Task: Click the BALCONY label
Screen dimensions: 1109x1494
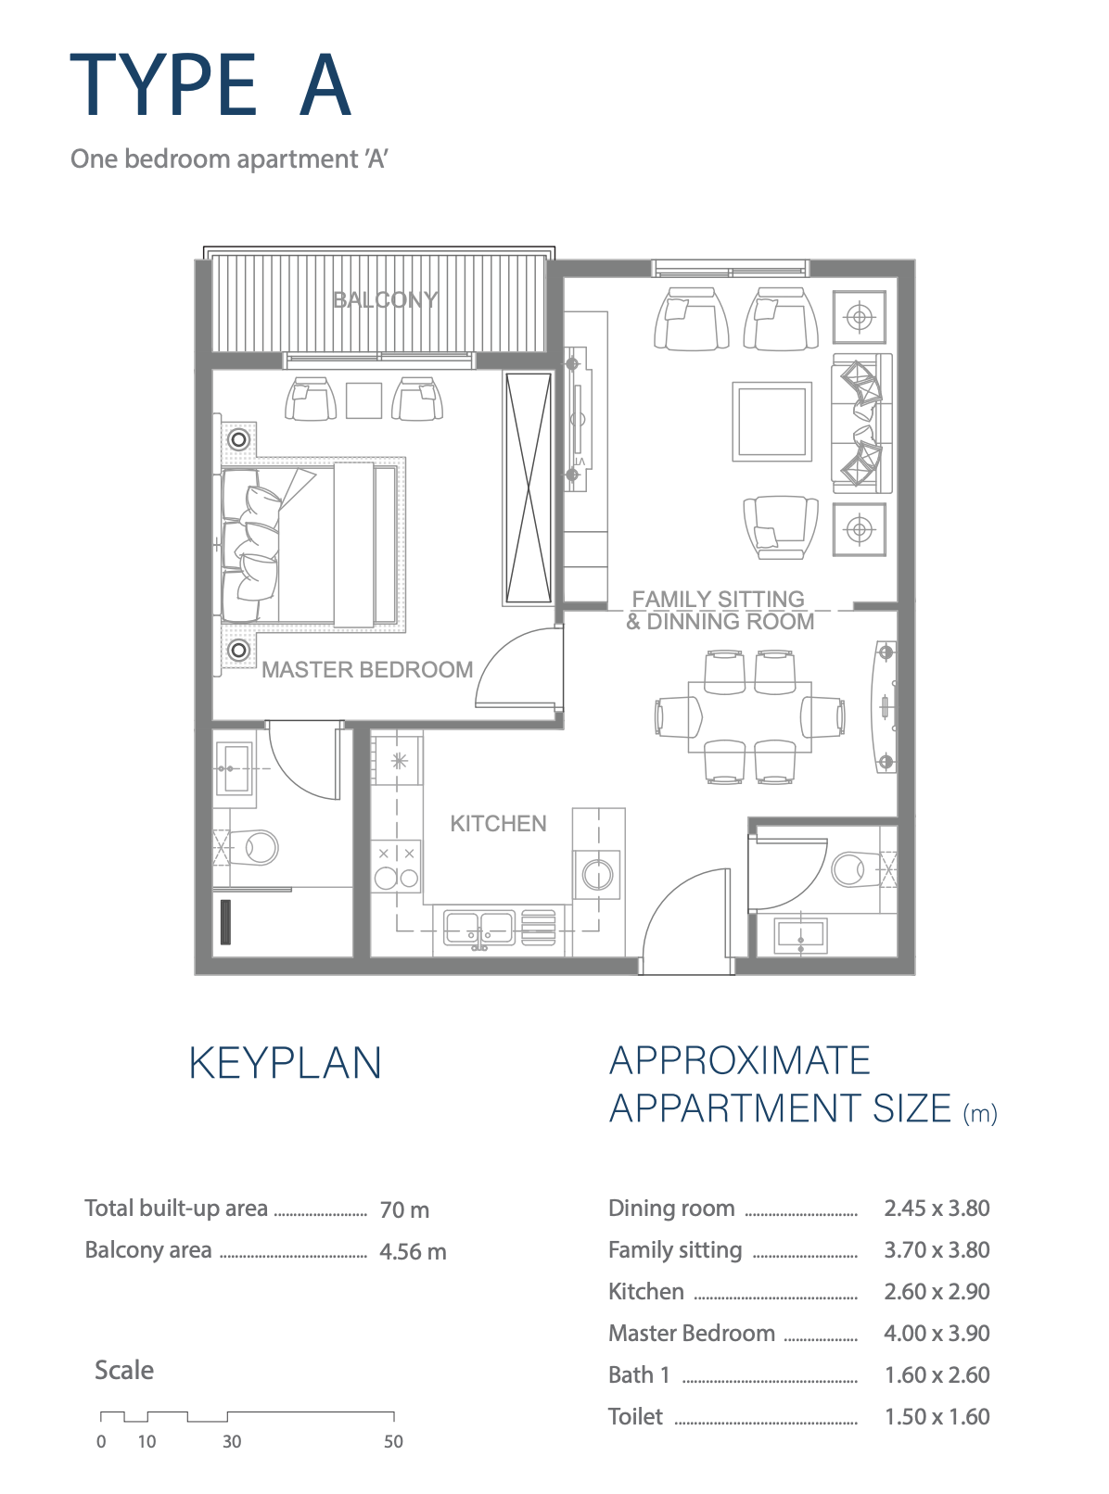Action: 385,299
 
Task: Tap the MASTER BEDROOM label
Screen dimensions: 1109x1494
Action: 367,669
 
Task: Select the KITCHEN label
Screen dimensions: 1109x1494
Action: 498,823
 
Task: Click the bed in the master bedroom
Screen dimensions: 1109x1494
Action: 310,544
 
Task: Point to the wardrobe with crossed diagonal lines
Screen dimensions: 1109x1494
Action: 529,487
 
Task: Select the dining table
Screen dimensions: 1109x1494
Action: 749,716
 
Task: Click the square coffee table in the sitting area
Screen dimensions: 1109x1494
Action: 771,422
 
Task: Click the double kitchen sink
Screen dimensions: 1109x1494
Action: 479,928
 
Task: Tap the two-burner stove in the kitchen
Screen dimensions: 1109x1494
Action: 397,867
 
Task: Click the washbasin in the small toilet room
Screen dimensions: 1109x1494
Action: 800,935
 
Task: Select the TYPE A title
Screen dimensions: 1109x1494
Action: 210,85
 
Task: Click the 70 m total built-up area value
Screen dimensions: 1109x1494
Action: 404,1210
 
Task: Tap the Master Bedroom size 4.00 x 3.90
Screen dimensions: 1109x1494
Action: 937,1333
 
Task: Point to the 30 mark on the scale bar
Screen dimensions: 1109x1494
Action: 232,1441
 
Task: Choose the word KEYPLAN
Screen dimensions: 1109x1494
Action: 286,1064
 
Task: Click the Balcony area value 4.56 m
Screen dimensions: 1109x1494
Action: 413,1252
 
